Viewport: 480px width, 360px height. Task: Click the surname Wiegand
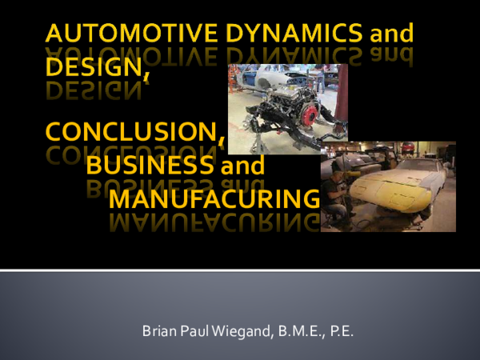(233, 329)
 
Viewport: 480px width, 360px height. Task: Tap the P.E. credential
(340, 329)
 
